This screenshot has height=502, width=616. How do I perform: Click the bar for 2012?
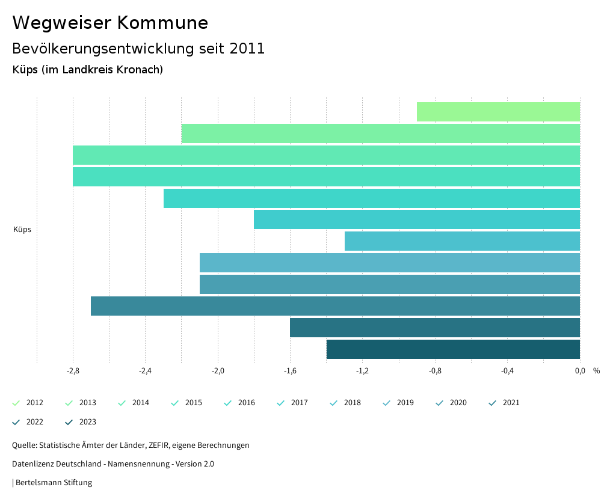click(498, 112)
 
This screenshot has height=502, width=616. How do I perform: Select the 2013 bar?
click(380, 133)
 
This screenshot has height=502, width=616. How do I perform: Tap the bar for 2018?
click(462, 241)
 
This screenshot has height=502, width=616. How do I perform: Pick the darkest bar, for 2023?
click(453, 349)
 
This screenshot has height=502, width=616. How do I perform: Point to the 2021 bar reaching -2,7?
click(335, 306)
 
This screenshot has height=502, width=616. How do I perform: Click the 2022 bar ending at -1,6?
click(434, 328)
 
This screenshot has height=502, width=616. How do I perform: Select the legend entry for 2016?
click(246, 403)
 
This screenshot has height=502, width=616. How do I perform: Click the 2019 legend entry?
click(405, 403)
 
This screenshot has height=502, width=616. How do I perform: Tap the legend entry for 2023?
click(87, 422)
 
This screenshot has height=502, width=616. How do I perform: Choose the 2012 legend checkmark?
click(16, 403)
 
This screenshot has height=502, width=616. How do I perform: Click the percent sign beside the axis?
click(596, 371)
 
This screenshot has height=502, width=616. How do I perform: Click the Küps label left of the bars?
click(22, 230)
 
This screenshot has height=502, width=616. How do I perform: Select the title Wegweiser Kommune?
click(110, 23)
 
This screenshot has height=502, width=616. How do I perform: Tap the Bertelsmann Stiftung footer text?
click(54, 483)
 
